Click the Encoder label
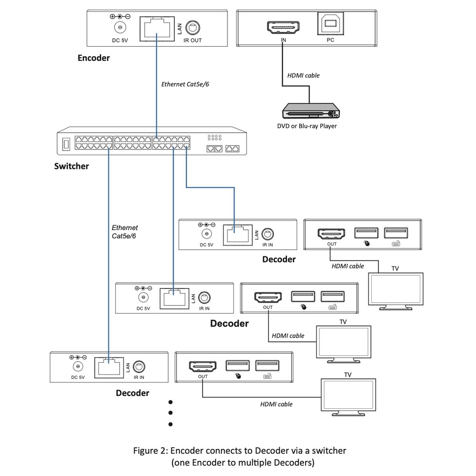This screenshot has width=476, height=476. click(93, 58)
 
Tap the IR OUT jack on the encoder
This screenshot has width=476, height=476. click(192, 28)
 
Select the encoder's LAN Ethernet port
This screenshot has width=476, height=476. click(157, 29)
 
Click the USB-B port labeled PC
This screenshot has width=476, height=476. click(331, 23)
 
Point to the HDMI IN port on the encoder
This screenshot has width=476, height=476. click(283, 27)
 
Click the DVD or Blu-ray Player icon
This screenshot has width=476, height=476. click(311, 111)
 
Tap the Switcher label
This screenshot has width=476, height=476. click(71, 166)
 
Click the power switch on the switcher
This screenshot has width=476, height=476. click(66, 144)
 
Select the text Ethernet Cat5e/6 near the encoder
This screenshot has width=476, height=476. click(185, 84)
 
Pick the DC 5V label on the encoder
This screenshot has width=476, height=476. click(120, 40)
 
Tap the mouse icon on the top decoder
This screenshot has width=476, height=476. click(367, 243)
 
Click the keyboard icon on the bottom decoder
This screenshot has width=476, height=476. click(267, 377)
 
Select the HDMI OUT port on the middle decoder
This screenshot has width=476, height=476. click(268, 297)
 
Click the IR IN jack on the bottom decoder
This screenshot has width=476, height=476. click(139, 367)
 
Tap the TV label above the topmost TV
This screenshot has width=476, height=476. click(395, 268)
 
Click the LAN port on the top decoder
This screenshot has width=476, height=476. click(238, 235)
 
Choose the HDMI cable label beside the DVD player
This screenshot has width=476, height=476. click(303, 75)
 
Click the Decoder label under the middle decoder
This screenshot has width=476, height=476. click(229, 323)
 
